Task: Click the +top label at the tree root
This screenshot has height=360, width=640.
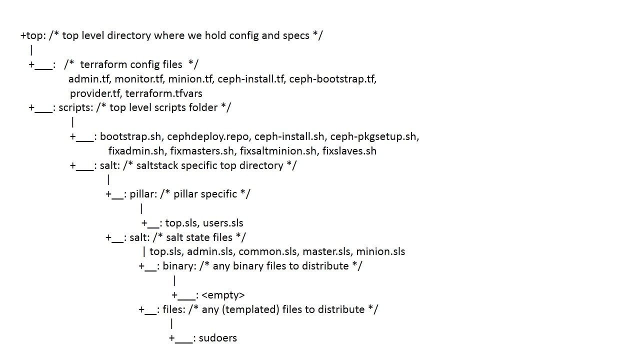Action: pyautogui.click(x=31, y=35)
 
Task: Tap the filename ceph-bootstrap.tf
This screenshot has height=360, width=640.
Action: pyautogui.click(x=332, y=79)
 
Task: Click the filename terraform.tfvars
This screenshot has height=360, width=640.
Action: pyautogui.click(x=163, y=93)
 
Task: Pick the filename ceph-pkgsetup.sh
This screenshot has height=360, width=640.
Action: pyautogui.click(x=374, y=136)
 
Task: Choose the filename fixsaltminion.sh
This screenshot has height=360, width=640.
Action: pyautogui.click(x=278, y=151)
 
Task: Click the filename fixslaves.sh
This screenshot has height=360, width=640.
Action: pyautogui.click(x=349, y=151)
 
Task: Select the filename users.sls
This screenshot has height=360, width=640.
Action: pyautogui.click(x=223, y=223)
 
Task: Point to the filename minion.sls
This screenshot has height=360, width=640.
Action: pyautogui.click(x=380, y=251)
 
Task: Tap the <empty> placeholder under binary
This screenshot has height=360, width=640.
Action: pyautogui.click(x=223, y=295)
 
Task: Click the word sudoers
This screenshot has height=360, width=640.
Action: pyautogui.click(x=217, y=338)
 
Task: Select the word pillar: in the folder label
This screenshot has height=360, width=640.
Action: pyautogui.click(x=143, y=194)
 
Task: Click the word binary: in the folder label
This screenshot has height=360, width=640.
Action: pyautogui.click(x=179, y=266)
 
